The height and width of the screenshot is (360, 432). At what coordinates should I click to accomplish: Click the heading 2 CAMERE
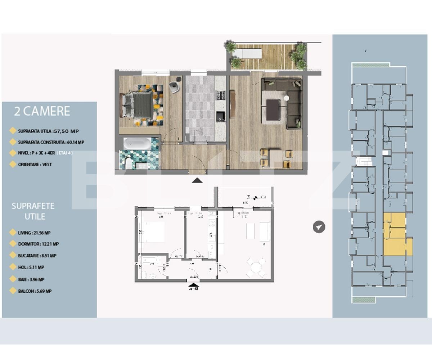tap(42, 111)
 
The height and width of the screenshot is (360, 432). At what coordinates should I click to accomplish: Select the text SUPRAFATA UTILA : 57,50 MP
tap(48, 131)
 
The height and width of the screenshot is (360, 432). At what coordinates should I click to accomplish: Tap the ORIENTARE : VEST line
tap(35, 165)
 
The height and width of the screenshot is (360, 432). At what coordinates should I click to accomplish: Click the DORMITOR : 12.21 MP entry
tap(38, 244)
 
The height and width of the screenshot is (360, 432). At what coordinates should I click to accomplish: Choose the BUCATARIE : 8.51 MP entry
tap(37, 256)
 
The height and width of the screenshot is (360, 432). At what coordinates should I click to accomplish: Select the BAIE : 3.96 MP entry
tap(31, 279)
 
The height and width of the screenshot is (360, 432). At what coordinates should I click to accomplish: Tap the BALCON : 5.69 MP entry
tap(35, 291)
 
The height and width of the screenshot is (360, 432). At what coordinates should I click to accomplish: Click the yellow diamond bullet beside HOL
tap(13, 267)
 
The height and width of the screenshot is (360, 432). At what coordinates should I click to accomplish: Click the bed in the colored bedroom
tap(138, 104)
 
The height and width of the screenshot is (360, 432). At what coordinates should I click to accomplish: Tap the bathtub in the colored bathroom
tap(138, 144)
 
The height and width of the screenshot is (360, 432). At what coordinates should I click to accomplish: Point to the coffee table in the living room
tap(273, 109)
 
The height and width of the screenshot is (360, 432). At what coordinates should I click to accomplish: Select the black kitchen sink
tap(220, 117)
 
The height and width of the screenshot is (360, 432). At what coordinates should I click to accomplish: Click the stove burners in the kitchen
tap(220, 95)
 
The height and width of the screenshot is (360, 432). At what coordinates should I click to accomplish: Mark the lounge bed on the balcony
tap(246, 53)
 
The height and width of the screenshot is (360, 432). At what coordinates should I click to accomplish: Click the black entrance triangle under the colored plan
tap(197, 181)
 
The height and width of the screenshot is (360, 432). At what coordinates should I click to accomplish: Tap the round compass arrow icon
tap(319, 227)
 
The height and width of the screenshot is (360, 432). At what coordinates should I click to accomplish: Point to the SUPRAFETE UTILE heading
tap(33, 211)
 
